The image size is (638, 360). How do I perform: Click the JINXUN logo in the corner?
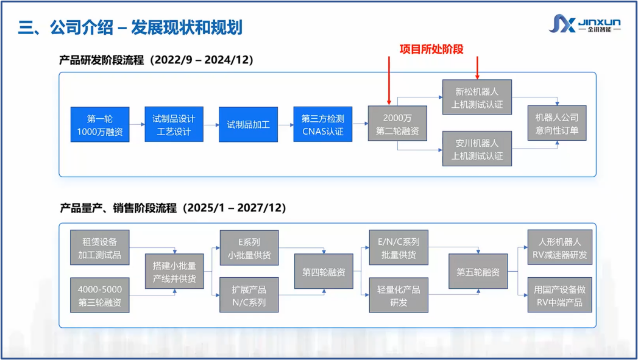click(x=585, y=24)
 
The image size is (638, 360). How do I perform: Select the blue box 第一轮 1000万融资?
click(x=100, y=124)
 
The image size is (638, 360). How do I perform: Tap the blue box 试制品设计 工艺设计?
click(x=174, y=124)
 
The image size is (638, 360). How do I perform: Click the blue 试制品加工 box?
click(x=248, y=124)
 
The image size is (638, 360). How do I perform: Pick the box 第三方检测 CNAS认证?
click(x=323, y=124)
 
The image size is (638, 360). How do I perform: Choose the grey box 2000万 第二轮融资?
click(x=397, y=124)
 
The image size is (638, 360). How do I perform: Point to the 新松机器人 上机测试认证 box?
click(x=477, y=97)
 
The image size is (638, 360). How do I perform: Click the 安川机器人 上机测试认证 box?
click(x=477, y=149)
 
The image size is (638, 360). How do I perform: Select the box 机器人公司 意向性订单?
click(x=557, y=123)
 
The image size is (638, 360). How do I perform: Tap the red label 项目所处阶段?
click(x=431, y=49)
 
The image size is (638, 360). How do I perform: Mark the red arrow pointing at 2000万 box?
click(x=389, y=80)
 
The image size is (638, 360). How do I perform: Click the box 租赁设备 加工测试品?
click(x=100, y=248)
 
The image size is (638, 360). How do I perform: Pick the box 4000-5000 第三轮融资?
click(x=100, y=295)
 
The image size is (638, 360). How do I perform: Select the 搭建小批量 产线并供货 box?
click(x=174, y=271)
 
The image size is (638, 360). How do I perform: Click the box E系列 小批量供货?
click(x=249, y=248)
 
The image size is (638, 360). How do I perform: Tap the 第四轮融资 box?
click(x=324, y=271)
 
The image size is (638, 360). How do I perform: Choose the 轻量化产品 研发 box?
click(x=399, y=295)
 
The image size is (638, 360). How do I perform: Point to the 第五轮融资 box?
click(x=478, y=271)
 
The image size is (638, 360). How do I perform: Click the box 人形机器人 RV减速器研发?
click(x=560, y=247)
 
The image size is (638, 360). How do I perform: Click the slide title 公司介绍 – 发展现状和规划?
click(x=146, y=27)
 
